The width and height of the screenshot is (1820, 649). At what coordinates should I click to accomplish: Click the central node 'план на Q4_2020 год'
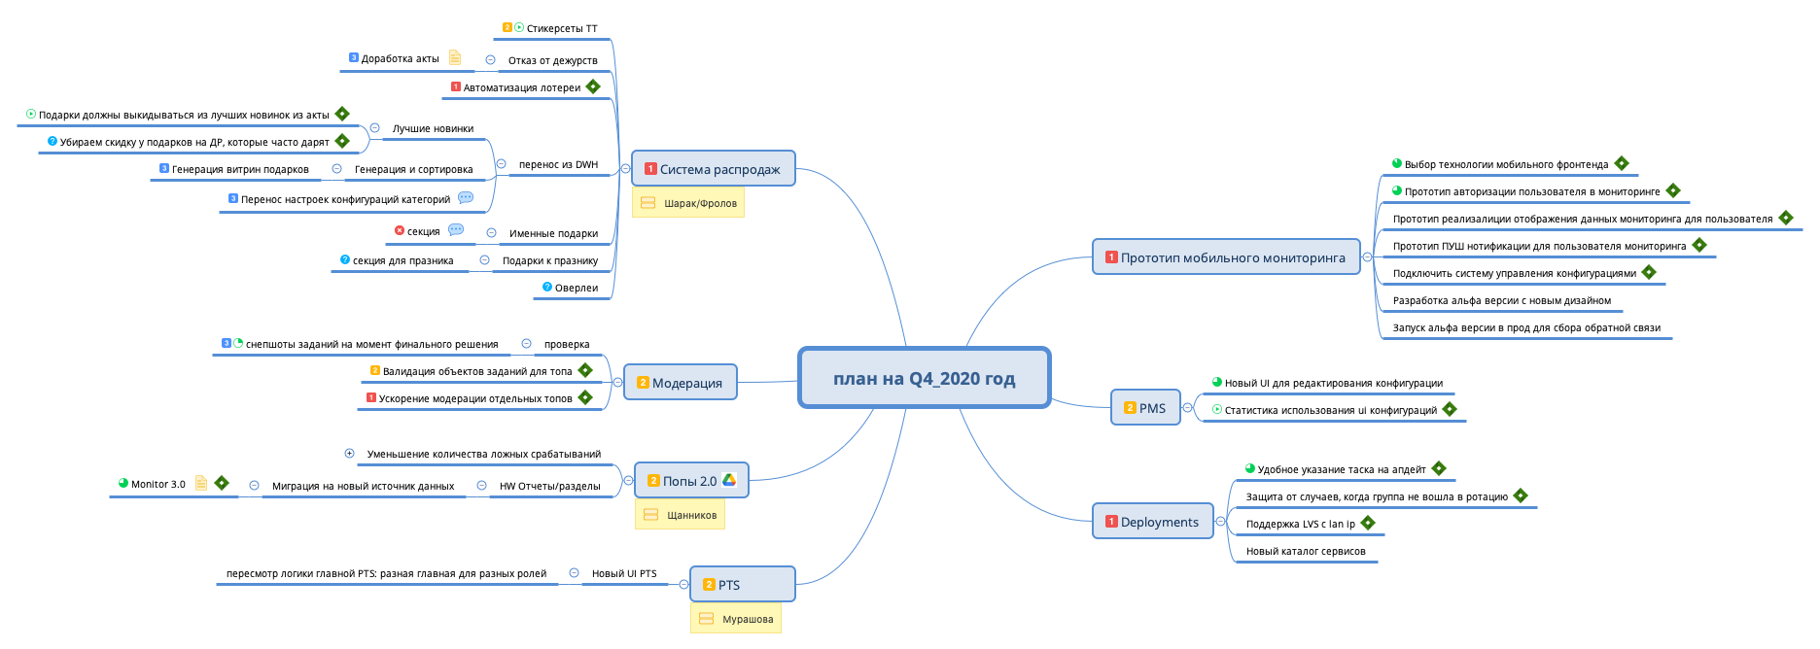tap(924, 378)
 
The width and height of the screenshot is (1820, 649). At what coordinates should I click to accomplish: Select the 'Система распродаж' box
tap(713, 169)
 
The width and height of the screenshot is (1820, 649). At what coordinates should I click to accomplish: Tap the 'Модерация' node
tap(680, 383)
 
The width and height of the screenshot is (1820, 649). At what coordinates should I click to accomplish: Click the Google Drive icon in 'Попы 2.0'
tap(729, 480)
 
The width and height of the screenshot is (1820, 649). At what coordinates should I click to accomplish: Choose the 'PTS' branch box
tap(742, 585)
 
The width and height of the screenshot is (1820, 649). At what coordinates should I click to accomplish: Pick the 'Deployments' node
tap(1152, 522)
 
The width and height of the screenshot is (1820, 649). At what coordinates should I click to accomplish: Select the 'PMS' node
tap(1144, 408)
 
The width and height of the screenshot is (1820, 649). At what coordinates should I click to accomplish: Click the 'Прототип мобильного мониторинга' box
tap(1225, 257)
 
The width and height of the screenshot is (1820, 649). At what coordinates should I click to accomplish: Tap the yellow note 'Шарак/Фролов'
tap(688, 203)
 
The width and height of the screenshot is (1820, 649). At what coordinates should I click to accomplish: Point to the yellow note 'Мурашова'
tap(736, 619)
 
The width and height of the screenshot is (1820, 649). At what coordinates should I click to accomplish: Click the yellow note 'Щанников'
tap(681, 515)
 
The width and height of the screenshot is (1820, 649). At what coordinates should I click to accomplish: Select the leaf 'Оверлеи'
tap(576, 288)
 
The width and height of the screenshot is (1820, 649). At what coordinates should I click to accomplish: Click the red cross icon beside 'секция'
tap(400, 231)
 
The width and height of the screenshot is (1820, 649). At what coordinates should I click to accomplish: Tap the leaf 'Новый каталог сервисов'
tap(1305, 551)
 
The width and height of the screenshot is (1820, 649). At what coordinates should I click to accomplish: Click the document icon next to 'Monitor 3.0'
tap(201, 483)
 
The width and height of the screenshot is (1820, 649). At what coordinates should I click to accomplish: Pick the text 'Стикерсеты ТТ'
tap(561, 28)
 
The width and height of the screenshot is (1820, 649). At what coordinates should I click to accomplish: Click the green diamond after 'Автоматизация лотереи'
tap(593, 86)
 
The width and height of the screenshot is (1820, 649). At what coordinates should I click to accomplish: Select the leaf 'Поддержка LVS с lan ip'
tap(1300, 524)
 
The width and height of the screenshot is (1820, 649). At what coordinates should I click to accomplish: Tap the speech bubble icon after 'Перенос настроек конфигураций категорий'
tap(466, 197)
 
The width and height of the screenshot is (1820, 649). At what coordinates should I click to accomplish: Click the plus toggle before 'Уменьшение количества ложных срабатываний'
tap(349, 453)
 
